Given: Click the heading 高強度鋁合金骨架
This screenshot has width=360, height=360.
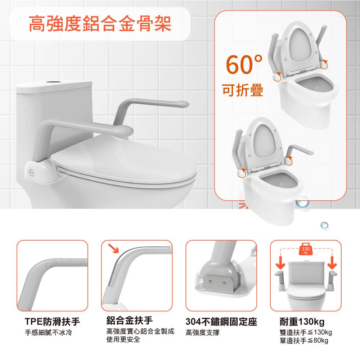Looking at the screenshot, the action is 100,24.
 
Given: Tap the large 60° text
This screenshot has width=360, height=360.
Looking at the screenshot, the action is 244,64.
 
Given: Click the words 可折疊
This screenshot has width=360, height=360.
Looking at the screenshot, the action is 243,90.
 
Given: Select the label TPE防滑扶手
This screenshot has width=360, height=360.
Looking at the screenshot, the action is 53,322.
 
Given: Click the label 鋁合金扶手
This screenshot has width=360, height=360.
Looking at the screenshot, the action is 130,320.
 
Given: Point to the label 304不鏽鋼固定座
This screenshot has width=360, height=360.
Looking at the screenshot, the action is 221,322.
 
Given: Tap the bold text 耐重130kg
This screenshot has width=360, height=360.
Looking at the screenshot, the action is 302,322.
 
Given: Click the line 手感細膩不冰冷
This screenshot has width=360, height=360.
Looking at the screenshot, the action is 49,332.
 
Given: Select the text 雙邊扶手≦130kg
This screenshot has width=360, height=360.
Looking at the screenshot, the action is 306,332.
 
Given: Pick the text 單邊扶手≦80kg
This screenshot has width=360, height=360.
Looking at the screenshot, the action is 304,340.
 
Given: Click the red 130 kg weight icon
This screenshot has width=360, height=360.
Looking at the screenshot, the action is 306,249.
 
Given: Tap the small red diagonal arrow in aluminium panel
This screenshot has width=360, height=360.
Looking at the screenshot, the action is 113,248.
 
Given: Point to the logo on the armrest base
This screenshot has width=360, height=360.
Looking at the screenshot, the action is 32,172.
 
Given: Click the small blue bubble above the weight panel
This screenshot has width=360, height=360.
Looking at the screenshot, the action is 324,225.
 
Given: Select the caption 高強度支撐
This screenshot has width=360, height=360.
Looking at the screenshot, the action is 203,332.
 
